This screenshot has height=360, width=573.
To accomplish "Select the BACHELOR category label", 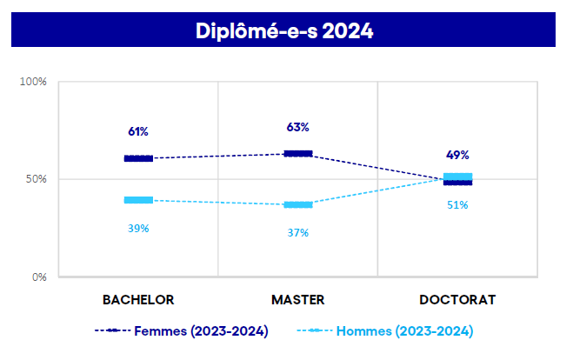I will (138, 299).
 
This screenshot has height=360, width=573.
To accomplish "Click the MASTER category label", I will (297, 299).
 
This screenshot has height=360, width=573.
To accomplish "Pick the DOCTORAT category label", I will (457, 299).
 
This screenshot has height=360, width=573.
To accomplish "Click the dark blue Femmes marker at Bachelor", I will (138, 158).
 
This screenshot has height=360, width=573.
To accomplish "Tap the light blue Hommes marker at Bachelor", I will (138, 200).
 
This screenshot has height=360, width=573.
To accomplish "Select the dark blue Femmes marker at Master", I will (297, 154).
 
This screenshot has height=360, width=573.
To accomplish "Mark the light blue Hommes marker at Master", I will (297, 205).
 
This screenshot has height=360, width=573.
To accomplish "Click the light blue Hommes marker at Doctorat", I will (457, 177).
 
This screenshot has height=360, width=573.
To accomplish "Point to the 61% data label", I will (138, 132).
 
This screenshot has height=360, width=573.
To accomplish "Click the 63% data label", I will (297, 127).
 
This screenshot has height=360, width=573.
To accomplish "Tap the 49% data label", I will (457, 155).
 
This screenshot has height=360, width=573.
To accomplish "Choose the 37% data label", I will (297, 232).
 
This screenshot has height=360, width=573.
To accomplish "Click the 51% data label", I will (457, 205).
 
